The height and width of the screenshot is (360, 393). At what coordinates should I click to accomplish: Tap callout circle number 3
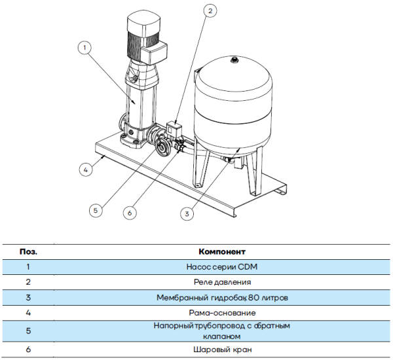coord(187,213)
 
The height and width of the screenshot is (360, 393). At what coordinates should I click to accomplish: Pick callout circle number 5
coord(96,210)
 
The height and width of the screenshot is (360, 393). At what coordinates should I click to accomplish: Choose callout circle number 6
coord(130,213)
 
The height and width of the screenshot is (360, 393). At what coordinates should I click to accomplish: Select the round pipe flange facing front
coord(162,147)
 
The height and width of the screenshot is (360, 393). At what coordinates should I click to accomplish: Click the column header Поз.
coord(28,251)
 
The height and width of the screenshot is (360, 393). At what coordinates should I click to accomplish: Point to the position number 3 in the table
coord(28,298)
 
